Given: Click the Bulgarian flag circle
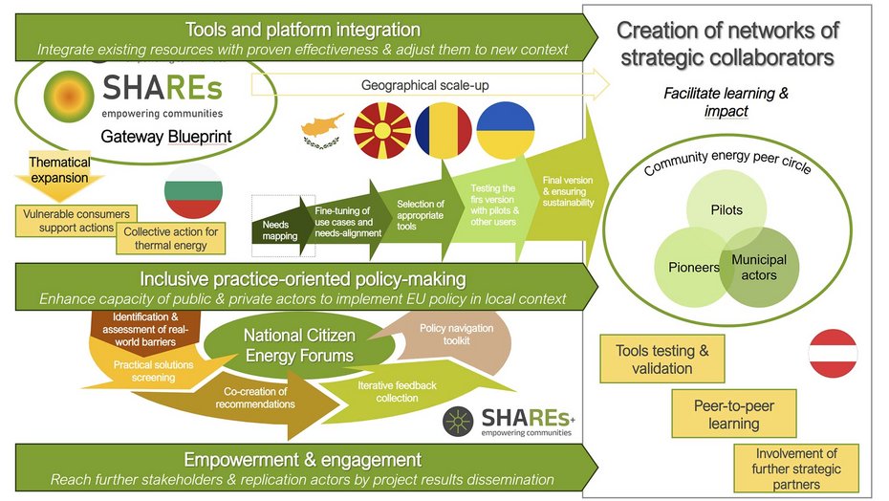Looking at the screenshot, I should (x=193, y=198).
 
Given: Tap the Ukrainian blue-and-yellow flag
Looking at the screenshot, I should (x=506, y=130).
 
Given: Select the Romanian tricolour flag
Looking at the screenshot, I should (x=444, y=130).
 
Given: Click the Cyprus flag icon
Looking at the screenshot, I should (x=322, y=130).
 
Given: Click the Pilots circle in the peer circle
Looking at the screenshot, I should (x=726, y=207).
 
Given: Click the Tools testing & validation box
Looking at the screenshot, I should (x=662, y=359).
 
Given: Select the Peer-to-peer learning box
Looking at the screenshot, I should (x=733, y=414).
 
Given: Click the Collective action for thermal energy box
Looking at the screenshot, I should (x=173, y=239).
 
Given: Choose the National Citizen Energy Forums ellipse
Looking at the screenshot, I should (x=299, y=345).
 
